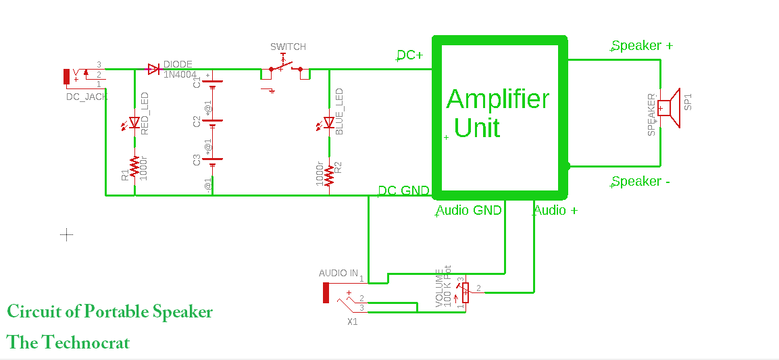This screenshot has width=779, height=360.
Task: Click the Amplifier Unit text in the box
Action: pyautogui.click(x=498, y=113)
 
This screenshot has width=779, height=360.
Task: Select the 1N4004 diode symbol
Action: pyautogui.click(x=153, y=69)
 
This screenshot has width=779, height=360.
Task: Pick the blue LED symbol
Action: pyautogui.click(x=329, y=123)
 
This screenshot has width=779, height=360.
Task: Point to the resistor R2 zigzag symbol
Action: pyautogui.click(x=329, y=175)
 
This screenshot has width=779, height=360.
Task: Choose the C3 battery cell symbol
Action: pyautogui.click(x=213, y=161)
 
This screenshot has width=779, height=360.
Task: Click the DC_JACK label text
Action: pyautogui.click(x=86, y=97)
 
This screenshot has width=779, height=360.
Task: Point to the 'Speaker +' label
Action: pyautogui.click(x=642, y=46)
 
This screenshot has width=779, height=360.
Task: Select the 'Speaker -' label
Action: pyautogui.click(x=640, y=182)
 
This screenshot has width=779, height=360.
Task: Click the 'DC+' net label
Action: pyautogui.click(x=409, y=55)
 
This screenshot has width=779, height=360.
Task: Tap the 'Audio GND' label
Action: pyautogui.click(x=469, y=211)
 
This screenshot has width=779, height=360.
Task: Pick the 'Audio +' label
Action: pyautogui.click(x=555, y=211)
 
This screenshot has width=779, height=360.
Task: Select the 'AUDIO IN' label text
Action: pyautogui.click(x=338, y=274)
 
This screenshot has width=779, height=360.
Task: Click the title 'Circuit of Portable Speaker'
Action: pyautogui.click(x=109, y=312)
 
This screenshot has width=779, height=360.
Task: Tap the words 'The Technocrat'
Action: pyautogui.click(x=68, y=343)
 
